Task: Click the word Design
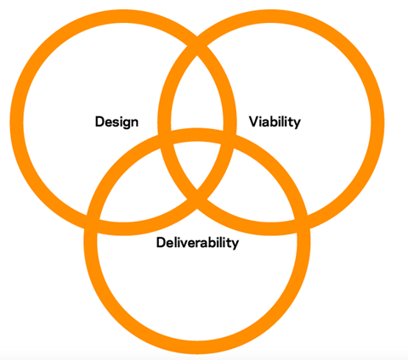click(x=116, y=122)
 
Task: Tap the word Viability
click(x=275, y=122)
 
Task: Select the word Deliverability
click(x=197, y=243)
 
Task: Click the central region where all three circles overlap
click(x=197, y=164)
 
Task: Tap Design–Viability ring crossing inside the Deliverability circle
click(x=197, y=199)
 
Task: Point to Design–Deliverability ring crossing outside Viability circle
click(x=93, y=224)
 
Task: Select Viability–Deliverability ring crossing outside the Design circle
click(x=302, y=224)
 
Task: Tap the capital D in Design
click(x=99, y=121)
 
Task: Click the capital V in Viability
click(x=254, y=121)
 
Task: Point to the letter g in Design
click(x=124, y=123)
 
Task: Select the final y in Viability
click(x=297, y=124)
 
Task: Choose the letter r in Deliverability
click(x=201, y=244)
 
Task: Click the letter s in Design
click(x=114, y=122)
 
